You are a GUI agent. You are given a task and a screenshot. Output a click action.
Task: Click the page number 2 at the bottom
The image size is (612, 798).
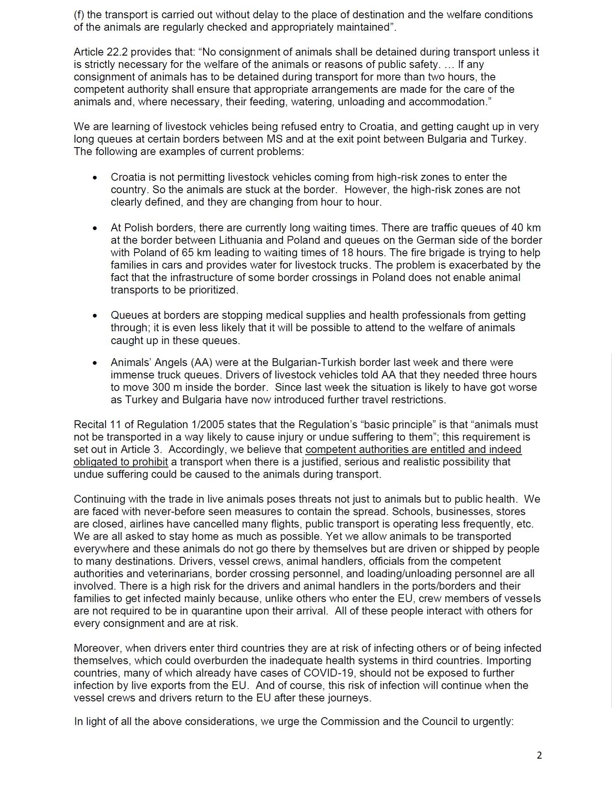pos(539,755)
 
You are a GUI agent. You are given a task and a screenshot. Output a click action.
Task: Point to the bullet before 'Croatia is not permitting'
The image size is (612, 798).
pos(95,178)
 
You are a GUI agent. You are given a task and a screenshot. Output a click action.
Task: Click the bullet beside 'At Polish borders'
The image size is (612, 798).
pos(95,228)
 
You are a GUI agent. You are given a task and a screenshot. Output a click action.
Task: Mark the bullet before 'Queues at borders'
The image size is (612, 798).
pos(95,316)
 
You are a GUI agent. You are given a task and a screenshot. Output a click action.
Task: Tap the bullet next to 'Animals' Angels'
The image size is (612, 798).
pos(95,363)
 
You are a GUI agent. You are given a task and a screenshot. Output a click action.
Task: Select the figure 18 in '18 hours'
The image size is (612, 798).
pos(347,253)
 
